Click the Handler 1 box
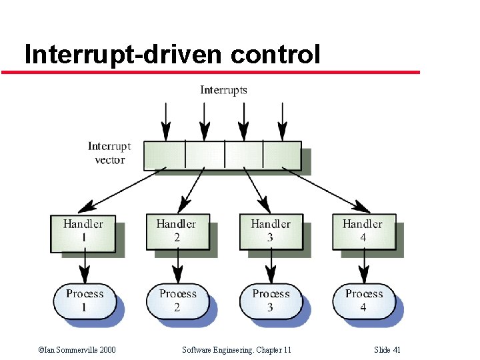pyautogui.click(x=83, y=232)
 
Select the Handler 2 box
pyautogui.click(x=177, y=232)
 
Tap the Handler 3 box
pyautogui.click(x=270, y=232)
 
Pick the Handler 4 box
pyautogui.click(x=363, y=232)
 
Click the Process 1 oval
pyautogui.click(x=85, y=301)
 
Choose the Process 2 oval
pyautogui.click(x=178, y=301)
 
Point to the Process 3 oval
pyautogui.click(x=271, y=301)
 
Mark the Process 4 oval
pyautogui.click(x=364, y=301)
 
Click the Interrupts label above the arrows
pyautogui.click(x=224, y=90)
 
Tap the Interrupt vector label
pyautogui.click(x=109, y=153)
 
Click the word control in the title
pyautogui.click(x=275, y=54)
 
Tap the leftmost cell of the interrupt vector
pyautogui.click(x=165, y=154)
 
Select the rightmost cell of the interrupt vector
pyautogui.click(x=281, y=154)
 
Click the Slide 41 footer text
pyautogui.click(x=387, y=349)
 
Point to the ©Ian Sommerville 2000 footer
pyautogui.click(x=77, y=349)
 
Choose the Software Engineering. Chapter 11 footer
pyautogui.click(x=236, y=349)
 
